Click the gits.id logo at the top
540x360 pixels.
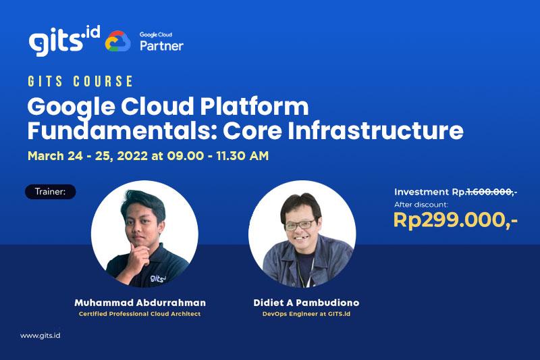point(64,41)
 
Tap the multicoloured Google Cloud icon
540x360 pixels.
point(117,41)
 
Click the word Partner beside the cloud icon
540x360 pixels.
point(161,46)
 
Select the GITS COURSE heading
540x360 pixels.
point(80,81)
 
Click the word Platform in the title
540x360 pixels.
point(254,106)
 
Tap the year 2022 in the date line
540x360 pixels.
point(132,156)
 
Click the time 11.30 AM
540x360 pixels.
point(242,156)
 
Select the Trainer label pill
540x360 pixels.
point(51,192)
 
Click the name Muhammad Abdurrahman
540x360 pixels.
point(140,303)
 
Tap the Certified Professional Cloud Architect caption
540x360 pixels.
point(140,314)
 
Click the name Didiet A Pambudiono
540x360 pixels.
point(306,303)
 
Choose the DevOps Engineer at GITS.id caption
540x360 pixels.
point(306,314)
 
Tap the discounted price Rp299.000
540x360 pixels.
point(455,220)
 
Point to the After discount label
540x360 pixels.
point(421,205)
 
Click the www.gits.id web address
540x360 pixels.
point(40,336)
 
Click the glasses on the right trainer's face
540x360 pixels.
point(300,225)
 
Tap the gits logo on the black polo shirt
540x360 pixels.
point(158,278)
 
